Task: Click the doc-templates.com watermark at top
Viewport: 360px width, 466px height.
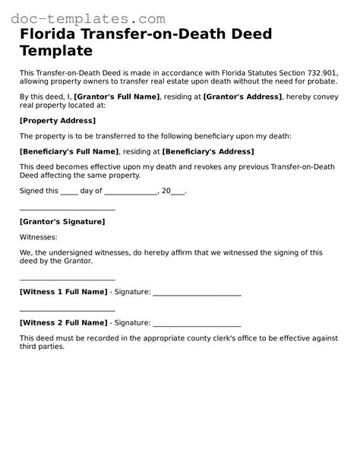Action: pos(84,17)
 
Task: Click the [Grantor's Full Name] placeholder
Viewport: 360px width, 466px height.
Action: pos(116,97)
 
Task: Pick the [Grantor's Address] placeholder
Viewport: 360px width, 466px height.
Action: pos(239,97)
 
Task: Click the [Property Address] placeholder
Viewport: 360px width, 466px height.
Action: pos(58,120)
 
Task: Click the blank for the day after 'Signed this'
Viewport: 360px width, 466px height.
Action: pos(68,192)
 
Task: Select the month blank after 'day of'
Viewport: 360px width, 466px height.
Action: pos(131,192)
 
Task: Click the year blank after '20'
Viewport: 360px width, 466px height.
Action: pos(178,192)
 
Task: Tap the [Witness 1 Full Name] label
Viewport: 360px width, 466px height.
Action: pos(63,292)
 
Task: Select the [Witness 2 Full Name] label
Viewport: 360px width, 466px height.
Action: pos(63,322)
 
